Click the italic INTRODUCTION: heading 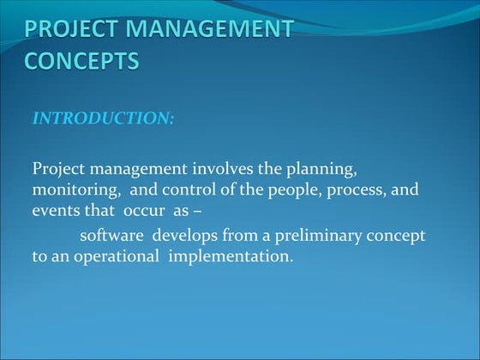(x=103, y=118)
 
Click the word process (x=345, y=189)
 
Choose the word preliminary (x=318, y=235)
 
